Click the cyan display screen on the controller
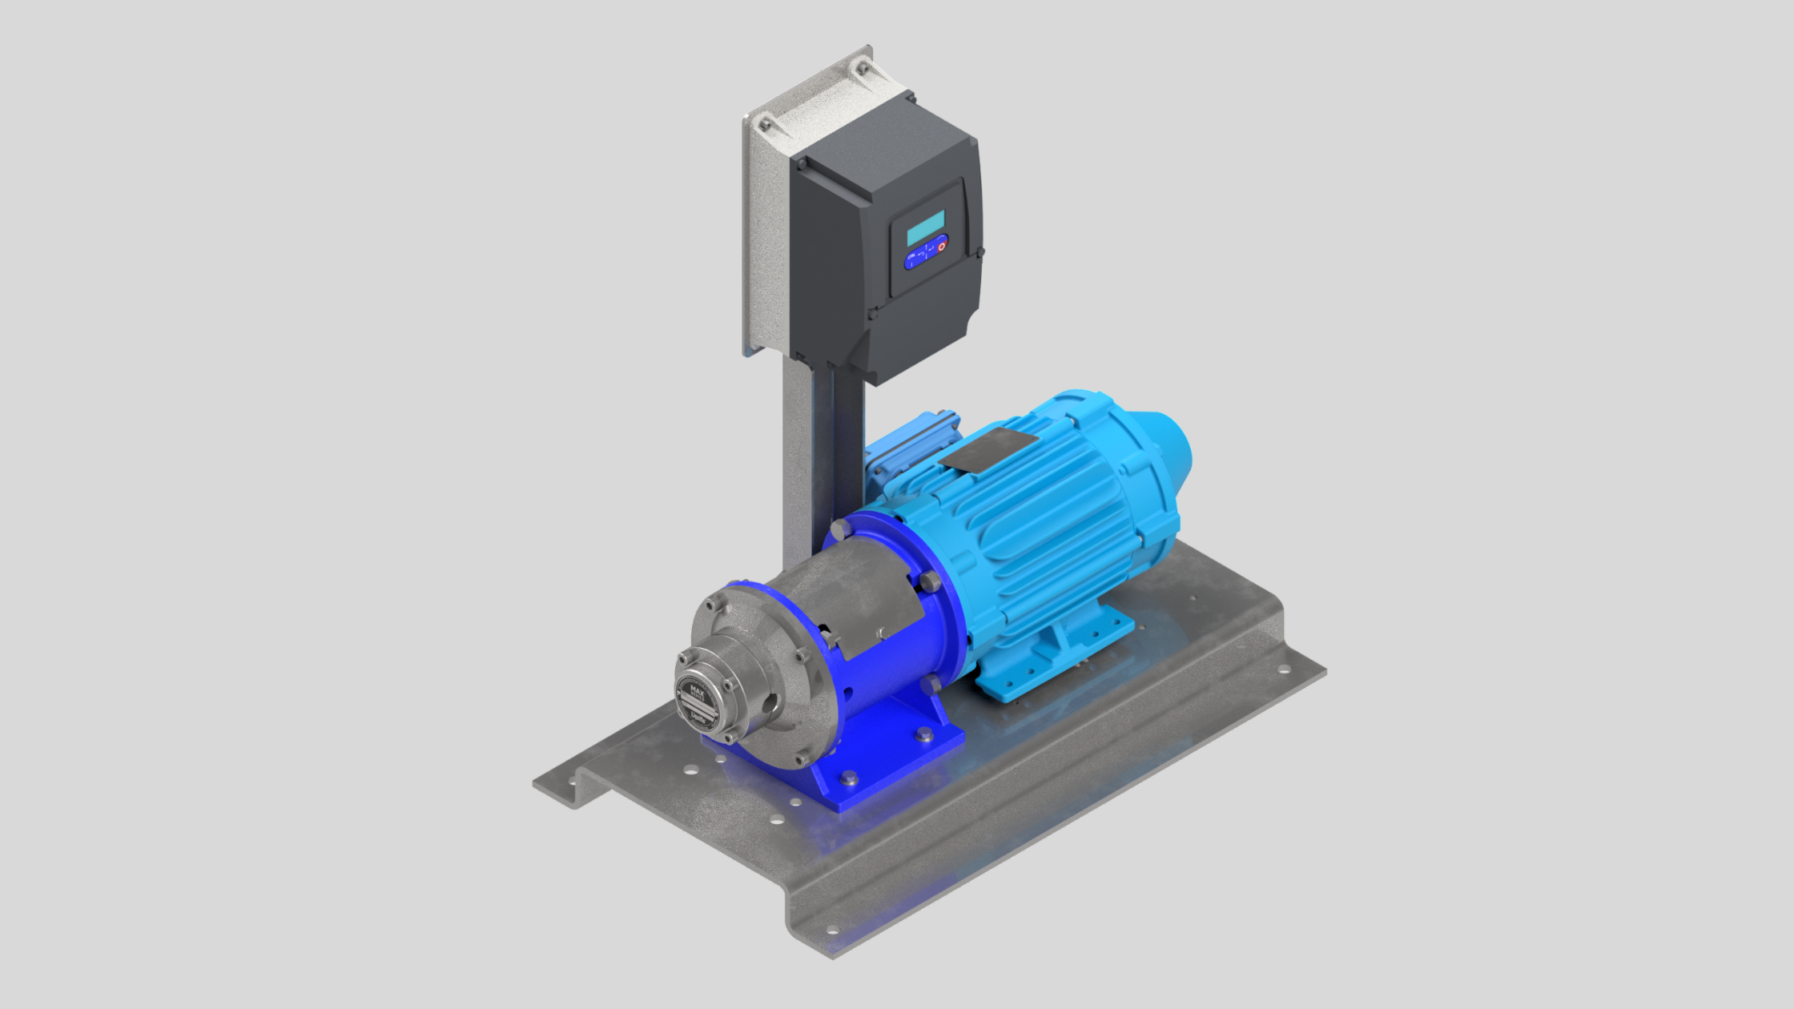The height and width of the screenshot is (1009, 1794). (925, 228)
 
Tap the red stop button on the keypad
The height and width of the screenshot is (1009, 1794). (942, 246)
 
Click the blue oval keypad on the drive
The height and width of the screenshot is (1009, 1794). (926, 253)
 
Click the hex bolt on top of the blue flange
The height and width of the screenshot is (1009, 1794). (840, 529)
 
